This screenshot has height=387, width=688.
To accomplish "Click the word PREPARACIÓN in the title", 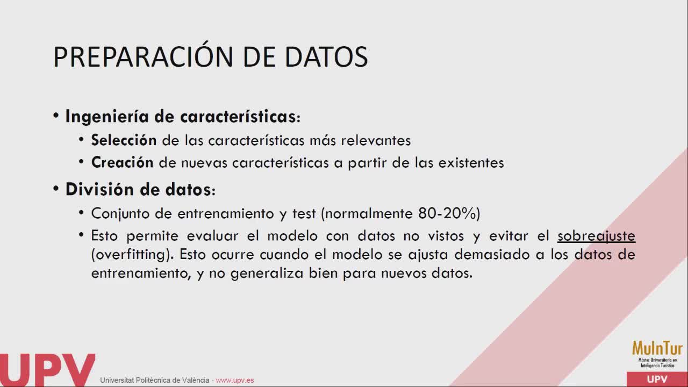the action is pyautogui.click(x=144, y=56).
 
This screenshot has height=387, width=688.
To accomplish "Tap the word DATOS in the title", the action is pyautogui.click(x=326, y=57).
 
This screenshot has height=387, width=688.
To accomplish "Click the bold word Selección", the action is pyautogui.click(x=124, y=140).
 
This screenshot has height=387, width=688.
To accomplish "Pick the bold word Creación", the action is pyautogui.click(x=122, y=162).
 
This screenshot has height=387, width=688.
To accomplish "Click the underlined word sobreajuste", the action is pyautogui.click(x=597, y=236).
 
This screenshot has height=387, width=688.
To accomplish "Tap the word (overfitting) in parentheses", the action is pyautogui.click(x=132, y=255).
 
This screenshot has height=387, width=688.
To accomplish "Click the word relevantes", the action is pyautogui.click(x=376, y=141).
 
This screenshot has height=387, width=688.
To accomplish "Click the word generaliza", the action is pyautogui.click(x=267, y=274).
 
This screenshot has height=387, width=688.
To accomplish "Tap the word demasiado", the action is pyautogui.click(x=492, y=255).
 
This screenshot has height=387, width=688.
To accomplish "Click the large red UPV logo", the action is pyautogui.click(x=48, y=370).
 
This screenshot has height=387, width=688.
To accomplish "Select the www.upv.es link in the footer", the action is pyautogui.click(x=235, y=380).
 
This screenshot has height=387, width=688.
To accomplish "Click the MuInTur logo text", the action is pyautogui.click(x=657, y=349).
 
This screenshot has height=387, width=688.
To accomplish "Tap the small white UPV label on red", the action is pyautogui.click(x=657, y=379).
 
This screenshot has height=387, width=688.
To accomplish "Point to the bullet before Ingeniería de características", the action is pyautogui.click(x=56, y=116).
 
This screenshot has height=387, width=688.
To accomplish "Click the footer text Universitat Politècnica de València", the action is pyautogui.click(x=154, y=380).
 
